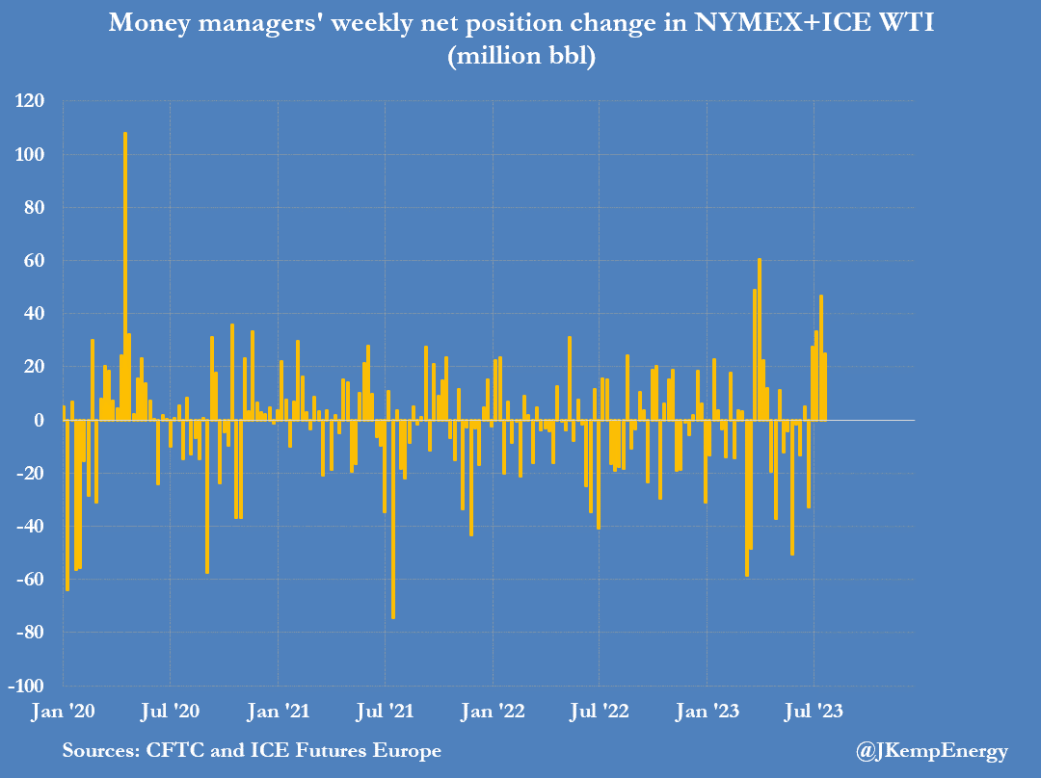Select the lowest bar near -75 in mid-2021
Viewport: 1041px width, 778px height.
[x=392, y=519]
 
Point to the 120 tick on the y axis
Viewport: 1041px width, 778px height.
[x=34, y=101]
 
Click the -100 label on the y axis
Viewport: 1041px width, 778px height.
[x=29, y=686]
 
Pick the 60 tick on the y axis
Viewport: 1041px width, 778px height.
[x=39, y=261]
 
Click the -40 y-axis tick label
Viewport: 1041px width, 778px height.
[x=32, y=527]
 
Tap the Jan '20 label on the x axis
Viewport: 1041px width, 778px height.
[x=63, y=713]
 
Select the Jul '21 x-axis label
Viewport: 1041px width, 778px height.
[x=386, y=713]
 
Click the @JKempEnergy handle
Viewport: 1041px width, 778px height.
[x=931, y=751]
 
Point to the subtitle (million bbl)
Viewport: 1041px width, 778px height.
[x=521, y=57]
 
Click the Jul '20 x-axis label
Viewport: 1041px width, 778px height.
[x=171, y=713]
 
